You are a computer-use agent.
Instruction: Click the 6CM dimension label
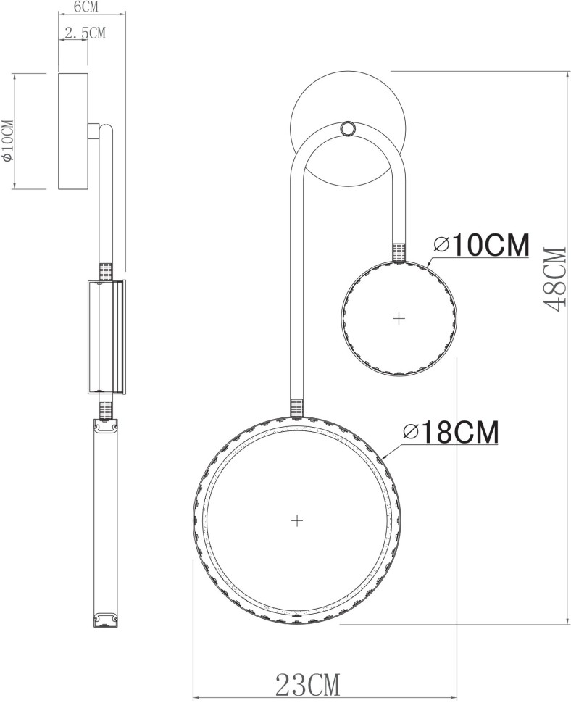87,8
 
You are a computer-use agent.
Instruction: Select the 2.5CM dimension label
85,33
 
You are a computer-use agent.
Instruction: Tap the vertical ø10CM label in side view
7,140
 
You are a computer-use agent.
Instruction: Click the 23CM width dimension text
307,683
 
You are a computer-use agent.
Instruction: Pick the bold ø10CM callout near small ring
480,246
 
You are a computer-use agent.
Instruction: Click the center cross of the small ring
398,317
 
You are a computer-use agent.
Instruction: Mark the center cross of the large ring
296,520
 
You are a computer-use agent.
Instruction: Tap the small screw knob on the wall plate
348,128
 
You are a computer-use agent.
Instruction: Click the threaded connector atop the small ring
399,251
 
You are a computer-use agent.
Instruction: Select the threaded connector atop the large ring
296,407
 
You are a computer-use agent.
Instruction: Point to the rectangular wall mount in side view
73,131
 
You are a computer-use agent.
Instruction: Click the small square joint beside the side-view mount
94,131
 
